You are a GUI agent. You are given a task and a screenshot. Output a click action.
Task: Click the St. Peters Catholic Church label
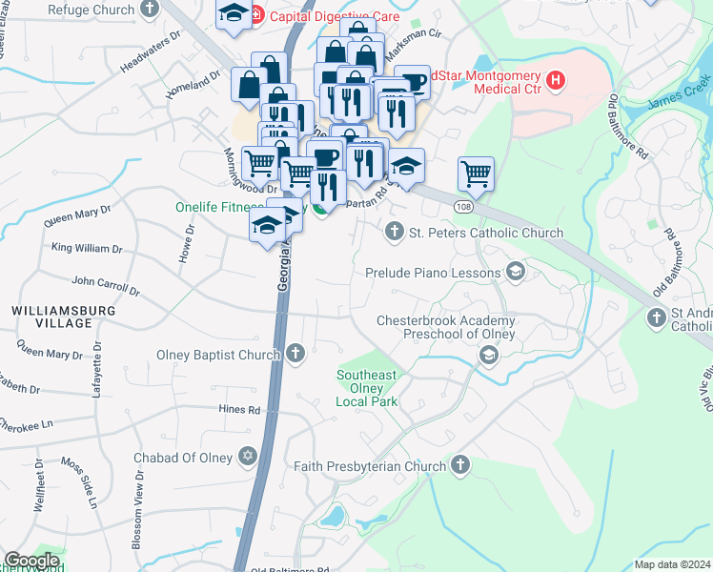coord(486,233)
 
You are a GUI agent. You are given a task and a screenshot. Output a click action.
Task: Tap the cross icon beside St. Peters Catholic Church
coord(394,231)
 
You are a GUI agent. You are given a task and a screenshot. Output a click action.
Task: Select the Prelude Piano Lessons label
coord(434,273)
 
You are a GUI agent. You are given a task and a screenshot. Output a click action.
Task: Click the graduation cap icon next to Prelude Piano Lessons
coord(516,273)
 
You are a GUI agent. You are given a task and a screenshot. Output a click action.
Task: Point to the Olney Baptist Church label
coord(219,355)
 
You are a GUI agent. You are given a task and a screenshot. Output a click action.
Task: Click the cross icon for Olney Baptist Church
coord(295,355)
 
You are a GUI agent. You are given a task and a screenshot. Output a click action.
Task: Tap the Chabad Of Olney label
coord(183,458)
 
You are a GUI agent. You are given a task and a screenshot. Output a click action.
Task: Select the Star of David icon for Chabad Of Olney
coord(249,457)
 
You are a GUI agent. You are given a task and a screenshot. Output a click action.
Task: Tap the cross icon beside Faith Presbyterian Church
coord(460,465)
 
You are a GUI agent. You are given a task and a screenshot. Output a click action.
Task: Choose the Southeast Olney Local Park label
coord(366,388)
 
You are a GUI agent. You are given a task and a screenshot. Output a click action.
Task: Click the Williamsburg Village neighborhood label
coord(64,317)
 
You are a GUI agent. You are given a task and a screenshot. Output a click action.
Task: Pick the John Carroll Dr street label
coord(105,285)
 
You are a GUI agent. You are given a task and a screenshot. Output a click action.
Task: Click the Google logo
coord(31,561)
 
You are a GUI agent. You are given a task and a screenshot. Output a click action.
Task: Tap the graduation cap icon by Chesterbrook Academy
coord(488,356)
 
